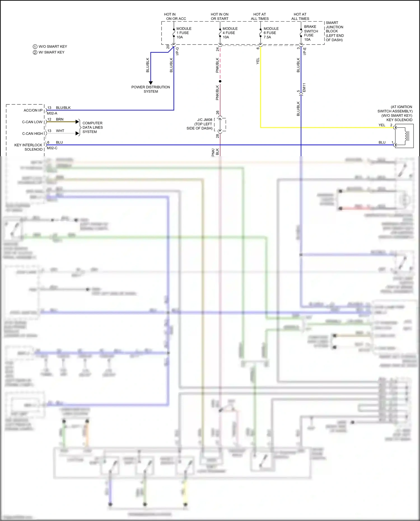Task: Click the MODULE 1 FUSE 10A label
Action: tap(184, 33)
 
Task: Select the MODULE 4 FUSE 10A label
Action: tap(230, 33)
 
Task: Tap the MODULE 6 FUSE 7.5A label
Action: tap(271, 33)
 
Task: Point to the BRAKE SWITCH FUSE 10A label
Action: tap(311, 33)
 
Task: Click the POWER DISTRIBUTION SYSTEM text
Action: tap(151, 89)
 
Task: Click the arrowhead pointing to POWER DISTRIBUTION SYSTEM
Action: tap(151, 83)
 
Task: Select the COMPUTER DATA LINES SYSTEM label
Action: tap(92, 127)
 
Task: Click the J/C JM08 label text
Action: tap(204, 120)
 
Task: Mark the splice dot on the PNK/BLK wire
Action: tap(220, 81)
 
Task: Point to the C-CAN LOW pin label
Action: tap(32, 122)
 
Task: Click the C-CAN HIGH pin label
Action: tap(32, 134)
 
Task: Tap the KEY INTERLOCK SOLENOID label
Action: tap(29, 147)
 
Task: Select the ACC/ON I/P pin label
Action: tap(33, 110)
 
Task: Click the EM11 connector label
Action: tap(304, 88)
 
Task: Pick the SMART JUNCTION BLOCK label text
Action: tap(334, 31)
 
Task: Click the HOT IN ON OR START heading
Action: tap(220, 17)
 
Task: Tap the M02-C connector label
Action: tap(52, 148)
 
